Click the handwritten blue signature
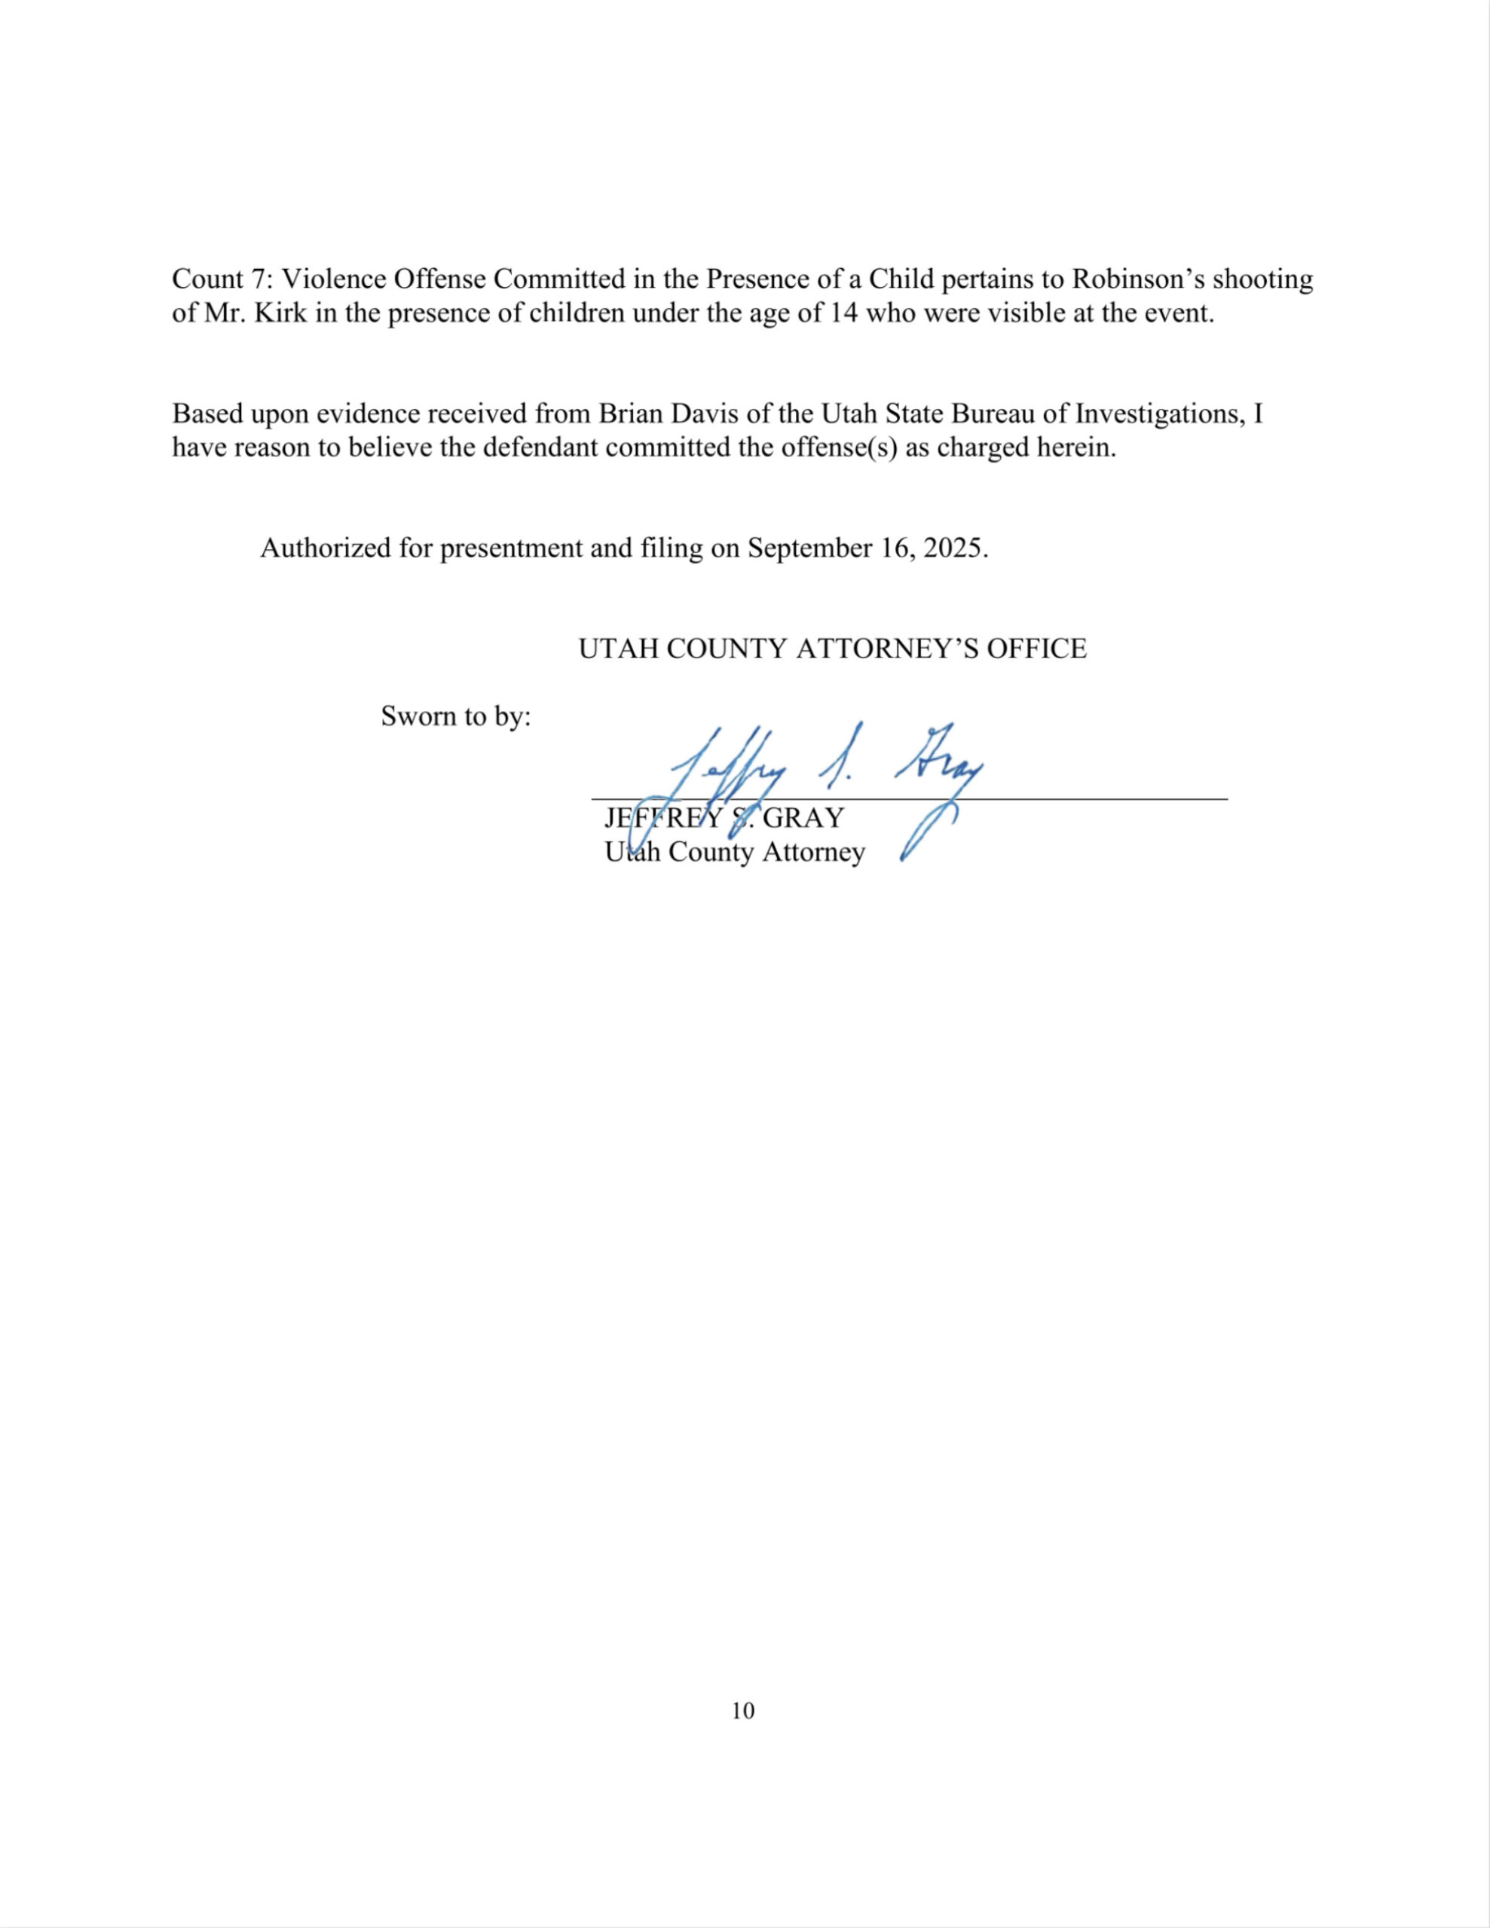point(826,768)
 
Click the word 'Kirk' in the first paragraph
point(280,313)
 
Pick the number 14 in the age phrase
point(843,313)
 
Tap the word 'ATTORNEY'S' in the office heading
point(887,649)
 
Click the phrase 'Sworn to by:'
point(456,716)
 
